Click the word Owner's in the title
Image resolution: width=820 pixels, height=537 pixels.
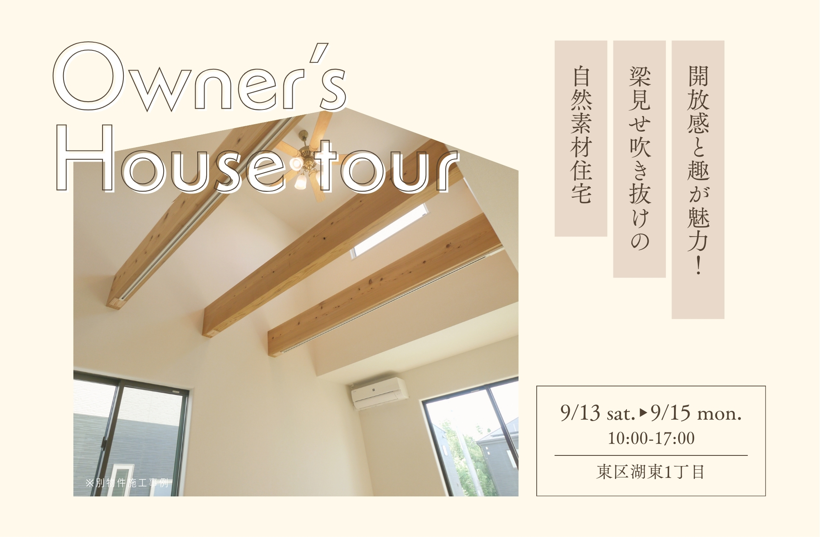[200, 77]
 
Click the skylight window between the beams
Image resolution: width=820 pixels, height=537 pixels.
[389, 230]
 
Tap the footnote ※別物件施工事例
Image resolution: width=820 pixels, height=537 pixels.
[127, 482]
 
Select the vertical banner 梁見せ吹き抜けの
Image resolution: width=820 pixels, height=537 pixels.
[639, 159]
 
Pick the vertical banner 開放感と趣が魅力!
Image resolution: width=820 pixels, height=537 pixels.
[698, 180]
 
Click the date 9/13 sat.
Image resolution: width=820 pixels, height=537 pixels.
[598, 413]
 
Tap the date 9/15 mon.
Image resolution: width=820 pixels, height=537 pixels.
[696, 413]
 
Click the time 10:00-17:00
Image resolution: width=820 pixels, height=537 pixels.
[651, 438]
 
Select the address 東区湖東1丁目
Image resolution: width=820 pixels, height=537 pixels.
[651, 472]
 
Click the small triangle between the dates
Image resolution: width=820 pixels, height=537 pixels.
[643, 412]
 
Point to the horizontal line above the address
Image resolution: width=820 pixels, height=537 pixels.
[651, 455]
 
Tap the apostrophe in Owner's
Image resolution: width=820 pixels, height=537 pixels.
[319, 53]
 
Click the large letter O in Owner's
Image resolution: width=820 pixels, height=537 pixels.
[89, 76]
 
